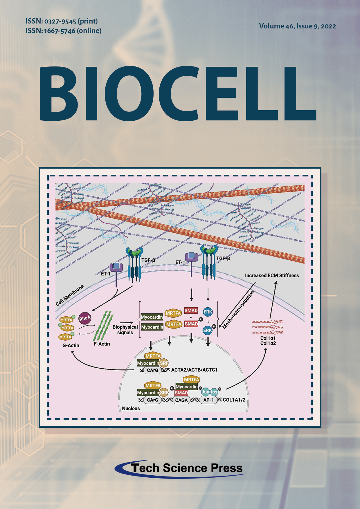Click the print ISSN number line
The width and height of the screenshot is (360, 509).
point(62,21)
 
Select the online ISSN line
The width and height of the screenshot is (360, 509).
point(64,31)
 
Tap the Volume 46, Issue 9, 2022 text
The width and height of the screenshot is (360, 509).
point(298,26)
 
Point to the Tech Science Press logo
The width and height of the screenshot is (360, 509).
point(180,468)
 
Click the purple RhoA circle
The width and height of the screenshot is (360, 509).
point(85,318)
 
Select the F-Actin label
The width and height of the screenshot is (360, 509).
point(102,344)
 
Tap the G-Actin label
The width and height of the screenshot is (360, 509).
point(71,345)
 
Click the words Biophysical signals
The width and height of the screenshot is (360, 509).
point(125,330)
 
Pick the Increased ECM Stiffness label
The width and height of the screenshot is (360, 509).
point(272,275)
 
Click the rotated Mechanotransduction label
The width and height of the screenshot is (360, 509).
point(238,309)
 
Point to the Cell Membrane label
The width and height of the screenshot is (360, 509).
point(70,295)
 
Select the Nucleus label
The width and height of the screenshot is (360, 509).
point(131,408)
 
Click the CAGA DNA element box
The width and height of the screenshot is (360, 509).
point(181,400)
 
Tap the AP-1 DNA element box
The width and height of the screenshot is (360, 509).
point(208,400)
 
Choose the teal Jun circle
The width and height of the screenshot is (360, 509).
point(206,392)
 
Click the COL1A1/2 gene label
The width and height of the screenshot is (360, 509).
point(234,400)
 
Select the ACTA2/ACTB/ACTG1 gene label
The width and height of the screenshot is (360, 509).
point(194,370)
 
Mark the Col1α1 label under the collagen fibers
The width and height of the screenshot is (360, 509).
point(268,338)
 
